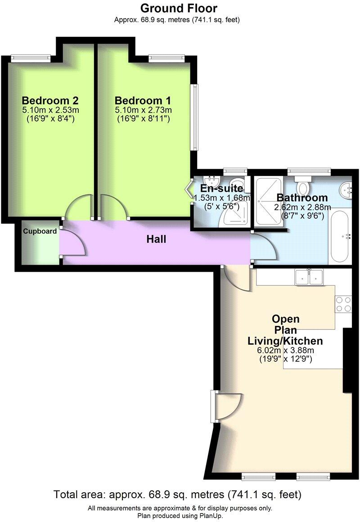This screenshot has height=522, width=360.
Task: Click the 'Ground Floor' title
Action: tap(179, 8)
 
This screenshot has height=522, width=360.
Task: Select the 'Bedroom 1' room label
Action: tap(143, 100)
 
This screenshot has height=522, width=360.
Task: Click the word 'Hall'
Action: tap(156, 239)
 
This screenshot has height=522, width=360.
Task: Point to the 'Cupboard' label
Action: tap(40, 231)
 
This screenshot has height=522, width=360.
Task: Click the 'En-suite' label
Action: tap(221, 188)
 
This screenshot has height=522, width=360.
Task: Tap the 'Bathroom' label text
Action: tap(302, 198)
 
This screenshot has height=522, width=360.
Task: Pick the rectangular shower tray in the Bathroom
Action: tap(268, 200)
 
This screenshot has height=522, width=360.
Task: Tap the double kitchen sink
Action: tap(309, 277)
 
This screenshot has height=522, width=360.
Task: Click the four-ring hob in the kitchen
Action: tap(343, 304)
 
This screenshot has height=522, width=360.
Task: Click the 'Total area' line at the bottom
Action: tap(178, 495)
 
